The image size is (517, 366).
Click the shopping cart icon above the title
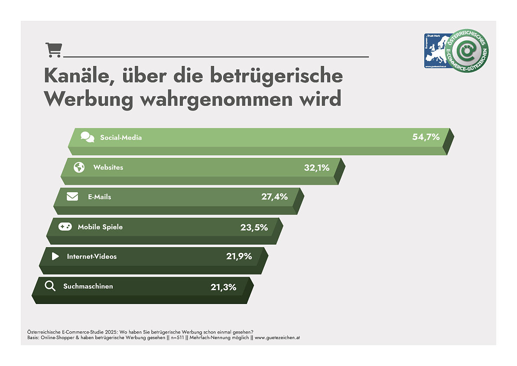point(54,50)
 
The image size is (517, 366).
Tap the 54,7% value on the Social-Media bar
point(426,137)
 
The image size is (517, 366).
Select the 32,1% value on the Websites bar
point(316,167)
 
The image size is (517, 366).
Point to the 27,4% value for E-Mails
point(274,196)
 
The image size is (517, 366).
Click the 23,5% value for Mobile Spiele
point(254,227)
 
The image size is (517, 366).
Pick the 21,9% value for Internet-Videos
point(239,256)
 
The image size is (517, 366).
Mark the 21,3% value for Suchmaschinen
point(223,287)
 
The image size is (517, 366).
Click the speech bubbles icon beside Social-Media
point(87,137)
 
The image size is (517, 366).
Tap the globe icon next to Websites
point(79,167)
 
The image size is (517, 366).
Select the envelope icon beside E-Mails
point(72,197)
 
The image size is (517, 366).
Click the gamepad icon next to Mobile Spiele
point(65,227)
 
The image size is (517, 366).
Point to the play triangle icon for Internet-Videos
point(55,256)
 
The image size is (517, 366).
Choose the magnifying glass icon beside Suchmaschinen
point(50,286)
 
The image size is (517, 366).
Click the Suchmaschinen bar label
point(88,286)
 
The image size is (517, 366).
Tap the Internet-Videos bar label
point(91,256)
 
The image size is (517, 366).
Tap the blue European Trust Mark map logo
point(436,51)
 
